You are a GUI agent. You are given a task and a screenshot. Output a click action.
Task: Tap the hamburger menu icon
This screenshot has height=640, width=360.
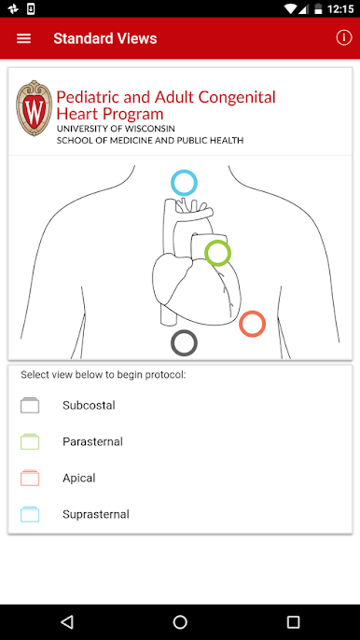tap(23, 38)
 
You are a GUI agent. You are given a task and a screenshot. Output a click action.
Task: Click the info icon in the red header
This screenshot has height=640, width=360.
tap(343, 38)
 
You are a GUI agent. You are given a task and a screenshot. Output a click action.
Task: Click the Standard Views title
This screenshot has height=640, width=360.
tap(104, 38)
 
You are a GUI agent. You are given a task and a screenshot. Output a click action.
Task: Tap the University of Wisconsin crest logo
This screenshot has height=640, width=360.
tap(34, 108)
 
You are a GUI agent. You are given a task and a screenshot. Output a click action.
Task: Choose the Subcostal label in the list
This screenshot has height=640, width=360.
tap(89, 405)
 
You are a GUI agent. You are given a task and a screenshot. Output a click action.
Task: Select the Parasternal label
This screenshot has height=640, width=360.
tap(92, 441)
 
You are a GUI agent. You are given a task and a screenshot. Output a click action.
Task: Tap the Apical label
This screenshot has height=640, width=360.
tap(78, 478)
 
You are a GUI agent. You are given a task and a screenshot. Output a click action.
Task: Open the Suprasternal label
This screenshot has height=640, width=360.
tap(96, 514)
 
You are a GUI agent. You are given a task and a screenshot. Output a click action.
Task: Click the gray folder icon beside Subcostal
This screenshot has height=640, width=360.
tap(30, 405)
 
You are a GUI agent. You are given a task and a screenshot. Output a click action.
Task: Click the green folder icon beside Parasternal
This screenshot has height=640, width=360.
tap(30, 441)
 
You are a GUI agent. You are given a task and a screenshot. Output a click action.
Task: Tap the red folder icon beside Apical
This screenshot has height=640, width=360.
tap(30, 478)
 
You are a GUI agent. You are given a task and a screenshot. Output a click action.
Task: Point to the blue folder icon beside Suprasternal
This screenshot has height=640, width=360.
tap(30, 514)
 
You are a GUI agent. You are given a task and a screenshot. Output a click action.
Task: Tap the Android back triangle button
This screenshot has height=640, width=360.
tap(66, 622)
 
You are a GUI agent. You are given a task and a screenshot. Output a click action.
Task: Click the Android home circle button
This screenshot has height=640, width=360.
tap(180, 622)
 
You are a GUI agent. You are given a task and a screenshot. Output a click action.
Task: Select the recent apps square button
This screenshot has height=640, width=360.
tap(293, 622)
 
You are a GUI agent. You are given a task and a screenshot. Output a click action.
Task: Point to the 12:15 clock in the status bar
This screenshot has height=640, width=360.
tap(340, 8)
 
